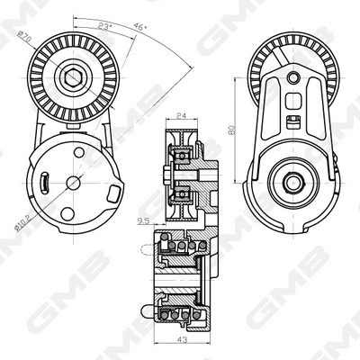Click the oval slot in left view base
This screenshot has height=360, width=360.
pos(43,183)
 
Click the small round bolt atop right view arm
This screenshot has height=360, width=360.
pos(293,79)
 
